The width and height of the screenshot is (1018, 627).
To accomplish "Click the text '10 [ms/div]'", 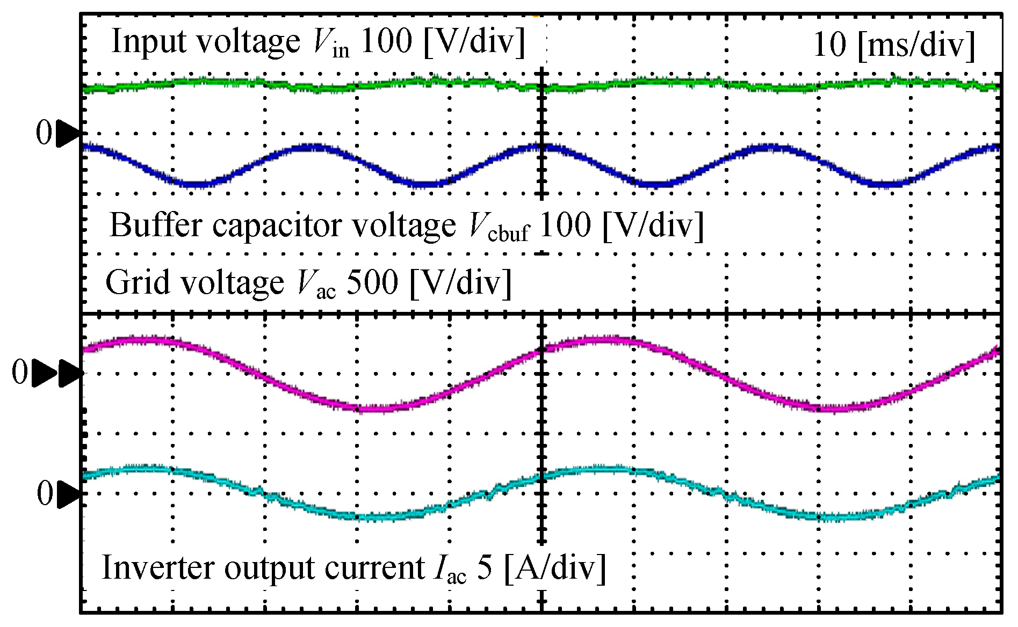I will (893, 45).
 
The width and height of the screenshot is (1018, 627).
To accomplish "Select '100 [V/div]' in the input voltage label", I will (442, 41).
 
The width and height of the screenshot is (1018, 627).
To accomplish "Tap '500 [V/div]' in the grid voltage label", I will (429, 282).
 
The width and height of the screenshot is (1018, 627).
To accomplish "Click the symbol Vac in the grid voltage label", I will (316, 285).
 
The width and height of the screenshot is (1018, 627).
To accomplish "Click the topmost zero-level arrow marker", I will (68, 134).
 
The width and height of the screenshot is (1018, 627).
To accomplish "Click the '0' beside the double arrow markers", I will (20, 373).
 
